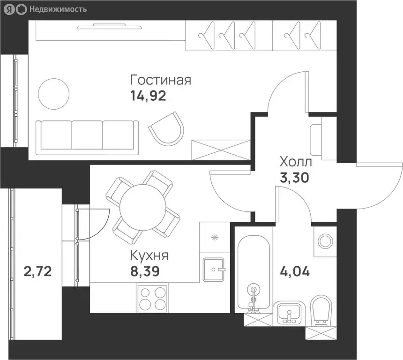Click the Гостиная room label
pyautogui.click(x=161, y=80)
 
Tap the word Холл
pyautogui.click(x=295, y=163)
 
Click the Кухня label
pyautogui.click(x=149, y=256)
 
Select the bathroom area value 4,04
pyautogui.click(x=295, y=271)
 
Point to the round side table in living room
pyautogui.click(x=53, y=94)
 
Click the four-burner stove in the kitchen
pyautogui.click(x=153, y=298)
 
